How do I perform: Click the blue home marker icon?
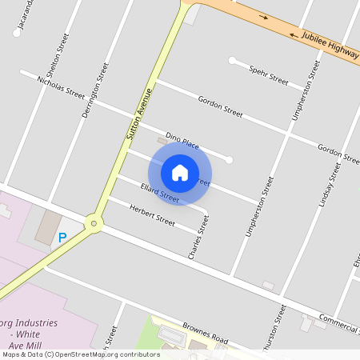click(180, 172)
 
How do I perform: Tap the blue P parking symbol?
click(62, 238)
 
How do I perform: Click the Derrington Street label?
click(95, 90)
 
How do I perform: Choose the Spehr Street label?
click(268, 75)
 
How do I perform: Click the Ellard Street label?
click(158, 192)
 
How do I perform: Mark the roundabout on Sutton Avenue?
click(94, 223)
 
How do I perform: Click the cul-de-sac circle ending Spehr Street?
click(232, 60)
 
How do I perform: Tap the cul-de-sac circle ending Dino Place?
click(229, 160)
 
